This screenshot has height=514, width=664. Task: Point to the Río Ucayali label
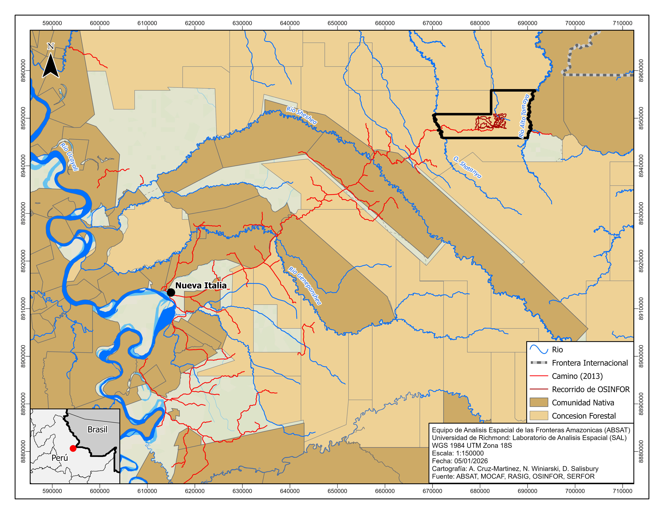pos(69,156)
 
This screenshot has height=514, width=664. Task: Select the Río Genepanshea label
pos(305,285)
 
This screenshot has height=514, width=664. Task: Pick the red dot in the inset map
pos(73,448)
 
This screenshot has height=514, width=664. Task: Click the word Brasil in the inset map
pos(97,429)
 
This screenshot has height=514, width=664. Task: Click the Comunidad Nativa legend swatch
pos(539,402)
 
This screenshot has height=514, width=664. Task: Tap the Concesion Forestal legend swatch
pos(539,416)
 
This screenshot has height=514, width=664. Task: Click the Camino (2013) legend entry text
pos(577,376)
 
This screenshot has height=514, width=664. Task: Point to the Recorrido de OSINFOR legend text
pos(590,389)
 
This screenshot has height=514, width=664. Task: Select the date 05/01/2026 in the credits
pos(471,461)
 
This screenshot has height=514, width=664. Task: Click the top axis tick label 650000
pos(337,23)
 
